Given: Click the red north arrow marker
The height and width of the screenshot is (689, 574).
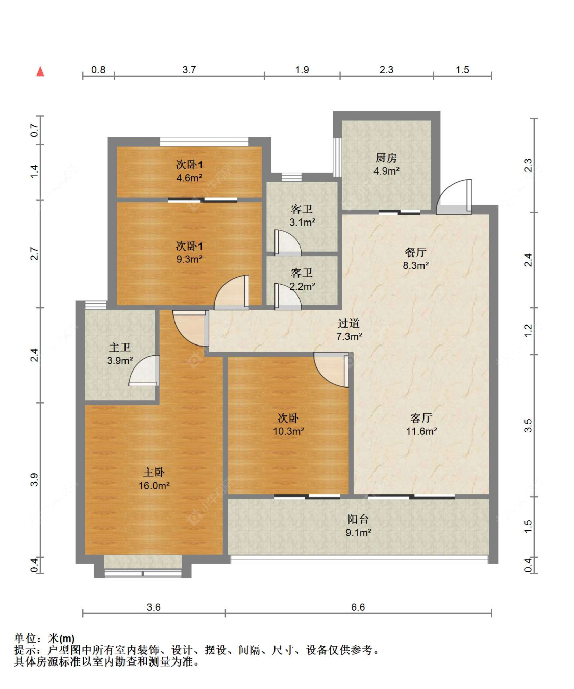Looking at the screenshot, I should pyautogui.click(x=40, y=71).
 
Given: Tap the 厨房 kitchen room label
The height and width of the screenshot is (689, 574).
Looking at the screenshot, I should pyautogui.click(x=386, y=158).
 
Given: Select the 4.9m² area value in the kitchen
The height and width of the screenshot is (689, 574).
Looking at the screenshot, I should pyautogui.click(x=386, y=171).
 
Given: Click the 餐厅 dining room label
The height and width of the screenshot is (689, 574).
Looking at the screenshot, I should pyautogui.click(x=415, y=252).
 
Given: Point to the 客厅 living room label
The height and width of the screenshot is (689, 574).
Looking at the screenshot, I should pyautogui.click(x=421, y=418).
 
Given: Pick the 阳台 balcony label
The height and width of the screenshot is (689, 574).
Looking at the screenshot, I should pyautogui.click(x=358, y=519).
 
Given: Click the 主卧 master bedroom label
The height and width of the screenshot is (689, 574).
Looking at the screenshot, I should pyautogui.click(x=154, y=473).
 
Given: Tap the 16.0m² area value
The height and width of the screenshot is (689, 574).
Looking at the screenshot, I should pyautogui.click(x=154, y=486).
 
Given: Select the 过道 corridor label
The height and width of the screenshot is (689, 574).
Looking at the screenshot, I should pyautogui.click(x=349, y=323).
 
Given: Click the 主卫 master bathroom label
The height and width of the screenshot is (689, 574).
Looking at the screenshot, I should pyautogui.click(x=120, y=348).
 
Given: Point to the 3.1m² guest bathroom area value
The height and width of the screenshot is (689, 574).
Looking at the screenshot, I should pyautogui.click(x=302, y=223).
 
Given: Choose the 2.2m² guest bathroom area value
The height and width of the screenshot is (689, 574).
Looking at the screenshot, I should pyautogui.click(x=302, y=287).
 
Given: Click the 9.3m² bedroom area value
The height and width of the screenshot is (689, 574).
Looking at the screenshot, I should pyautogui.click(x=189, y=259).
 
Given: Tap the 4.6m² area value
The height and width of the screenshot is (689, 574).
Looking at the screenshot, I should pyautogui.click(x=189, y=178).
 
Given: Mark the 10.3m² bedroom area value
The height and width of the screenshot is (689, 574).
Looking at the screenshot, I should pyautogui.click(x=288, y=431).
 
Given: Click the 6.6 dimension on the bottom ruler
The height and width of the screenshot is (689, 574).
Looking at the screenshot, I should pyautogui.click(x=358, y=607).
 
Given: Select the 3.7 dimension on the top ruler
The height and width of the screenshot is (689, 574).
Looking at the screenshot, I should pyautogui.click(x=189, y=70).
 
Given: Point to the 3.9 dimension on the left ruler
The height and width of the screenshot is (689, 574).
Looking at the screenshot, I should pyautogui.click(x=34, y=480).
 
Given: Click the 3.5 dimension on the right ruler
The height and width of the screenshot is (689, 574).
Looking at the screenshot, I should pyautogui.click(x=528, y=425).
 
